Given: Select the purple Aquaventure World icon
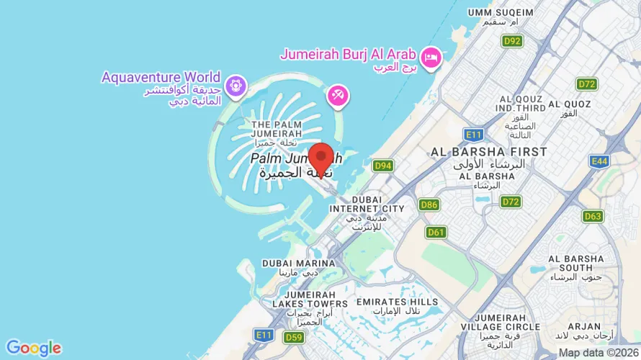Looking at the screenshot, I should pyautogui.click(x=235, y=87).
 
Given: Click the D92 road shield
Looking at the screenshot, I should pyautogui.click(x=512, y=41).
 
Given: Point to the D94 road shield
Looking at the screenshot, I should pyautogui.click(x=383, y=166).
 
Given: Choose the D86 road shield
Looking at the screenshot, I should pyautogui.click(x=429, y=205).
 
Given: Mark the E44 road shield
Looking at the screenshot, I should pyautogui.click(x=599, y=161).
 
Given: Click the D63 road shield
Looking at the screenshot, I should pyautogui.click(x=593, y=216).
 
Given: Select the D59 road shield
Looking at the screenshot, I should pyautogui.click(x=293, y=337).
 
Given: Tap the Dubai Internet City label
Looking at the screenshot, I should pyautogui.click(x=367, y=204).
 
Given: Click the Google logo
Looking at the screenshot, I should pyautogui.click(x=33, y=348).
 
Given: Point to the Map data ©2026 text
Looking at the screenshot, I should pyautogui.click(x=599, y=353).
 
